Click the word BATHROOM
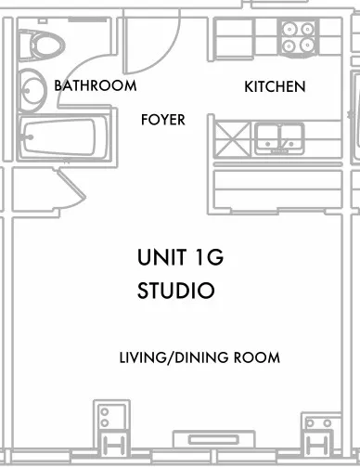[x=96, y=85]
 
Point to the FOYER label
[x=162, y=120]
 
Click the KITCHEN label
[x=275, y=87]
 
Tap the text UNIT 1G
[x=180, y=258]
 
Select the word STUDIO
[x=176, y=291]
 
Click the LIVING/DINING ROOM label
[x=199, y=357]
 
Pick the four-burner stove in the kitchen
[x=301, y=36]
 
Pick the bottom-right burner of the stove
[x=310, y=45]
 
